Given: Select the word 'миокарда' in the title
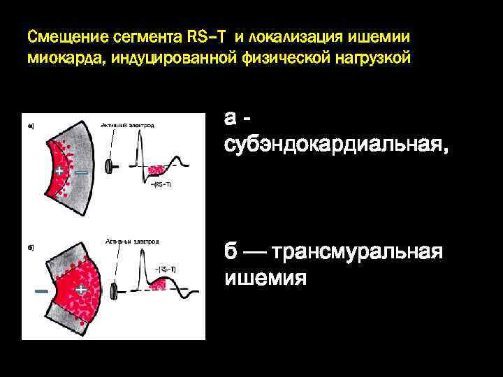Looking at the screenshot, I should coord(58,56).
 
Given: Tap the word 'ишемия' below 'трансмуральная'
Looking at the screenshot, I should coord(265,278).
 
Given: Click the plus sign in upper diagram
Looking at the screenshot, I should coord(60,170).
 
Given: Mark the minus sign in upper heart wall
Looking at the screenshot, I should coord(81,171).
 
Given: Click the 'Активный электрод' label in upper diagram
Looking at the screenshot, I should coord(127,125).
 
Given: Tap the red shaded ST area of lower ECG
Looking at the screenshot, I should coord(166,282).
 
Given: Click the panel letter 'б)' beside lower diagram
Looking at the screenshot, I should coord(31,247).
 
